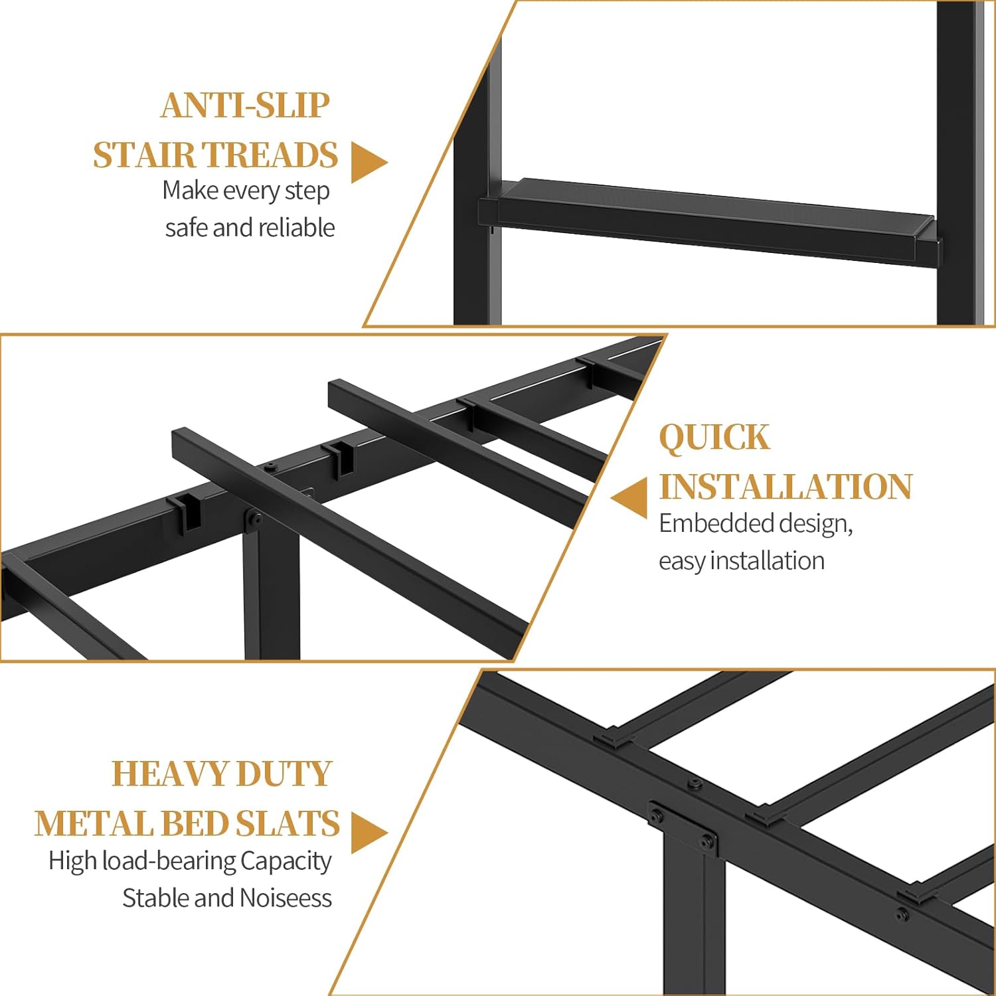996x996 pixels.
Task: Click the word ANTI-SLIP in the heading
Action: click(245, 106)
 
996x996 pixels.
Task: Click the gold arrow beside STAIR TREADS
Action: click(367, 163)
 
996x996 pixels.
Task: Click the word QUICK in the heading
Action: click(714, 438)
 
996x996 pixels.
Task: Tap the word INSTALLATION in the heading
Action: click(786, 487)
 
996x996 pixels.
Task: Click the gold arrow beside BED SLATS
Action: click(367, 832)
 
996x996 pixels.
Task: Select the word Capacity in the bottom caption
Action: click(286, 861)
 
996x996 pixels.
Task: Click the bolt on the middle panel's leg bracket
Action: click(253, 521)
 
